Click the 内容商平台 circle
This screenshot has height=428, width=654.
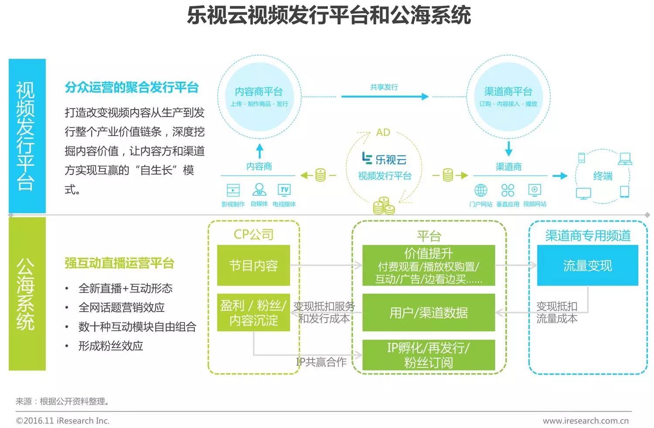259,96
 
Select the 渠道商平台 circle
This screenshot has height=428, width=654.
508,96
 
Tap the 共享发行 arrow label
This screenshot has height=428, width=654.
384,87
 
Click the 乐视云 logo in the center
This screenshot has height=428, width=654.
384,159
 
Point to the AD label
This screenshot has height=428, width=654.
383,132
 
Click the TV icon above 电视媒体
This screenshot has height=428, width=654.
284,190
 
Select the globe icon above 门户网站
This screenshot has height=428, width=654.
480,190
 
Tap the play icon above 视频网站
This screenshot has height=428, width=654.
535,190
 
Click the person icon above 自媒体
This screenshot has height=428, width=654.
259,190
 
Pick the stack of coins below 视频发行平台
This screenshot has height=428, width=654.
384,206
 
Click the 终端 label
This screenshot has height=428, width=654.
603,176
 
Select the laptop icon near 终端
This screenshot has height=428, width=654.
625,159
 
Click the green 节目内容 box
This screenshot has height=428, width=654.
253,265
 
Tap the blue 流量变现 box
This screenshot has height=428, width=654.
587,265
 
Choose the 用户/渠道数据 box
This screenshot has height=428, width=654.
429,313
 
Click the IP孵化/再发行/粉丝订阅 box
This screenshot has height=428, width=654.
429,355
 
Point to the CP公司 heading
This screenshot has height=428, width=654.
253,234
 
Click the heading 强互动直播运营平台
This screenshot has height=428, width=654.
119,263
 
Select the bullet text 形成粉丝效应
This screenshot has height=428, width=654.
111,346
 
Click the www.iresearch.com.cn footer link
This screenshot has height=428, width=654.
586,421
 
